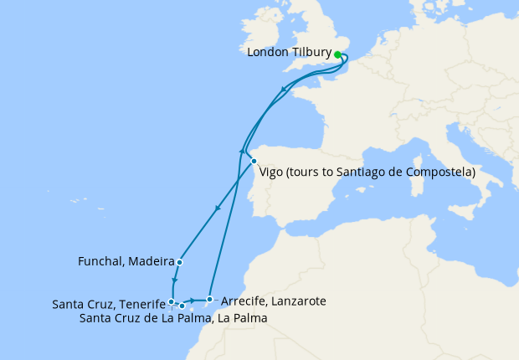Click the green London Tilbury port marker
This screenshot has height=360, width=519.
pos(337,54)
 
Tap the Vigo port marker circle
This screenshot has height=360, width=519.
pos(254,162)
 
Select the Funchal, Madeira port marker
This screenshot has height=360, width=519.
pos(180,262)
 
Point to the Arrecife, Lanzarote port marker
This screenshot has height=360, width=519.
pos(209,299)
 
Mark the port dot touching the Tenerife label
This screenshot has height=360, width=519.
pos(171,301)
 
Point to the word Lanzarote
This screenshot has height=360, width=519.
pos(297,301)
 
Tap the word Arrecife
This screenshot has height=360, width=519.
pos(243,301)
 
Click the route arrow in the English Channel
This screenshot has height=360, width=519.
pos(285,87)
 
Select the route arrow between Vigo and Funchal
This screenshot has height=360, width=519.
pos(218,209)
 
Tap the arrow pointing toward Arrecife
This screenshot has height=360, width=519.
pos(193,300)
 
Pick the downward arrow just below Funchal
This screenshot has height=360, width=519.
pos(174,281)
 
